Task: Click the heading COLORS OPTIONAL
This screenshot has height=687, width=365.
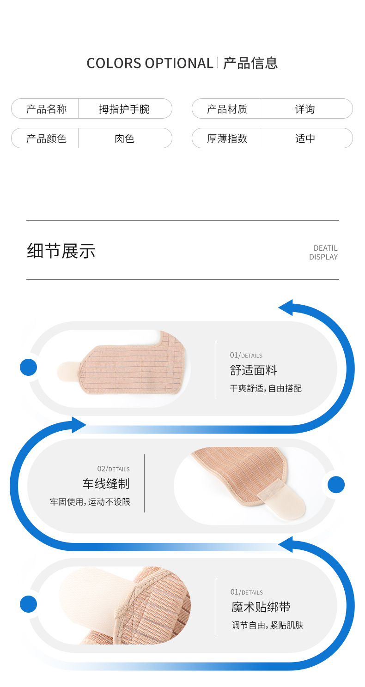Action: pyautogui.click(x=150, y=63)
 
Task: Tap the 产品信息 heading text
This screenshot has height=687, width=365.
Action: pyautogui.click(x=250, y=63)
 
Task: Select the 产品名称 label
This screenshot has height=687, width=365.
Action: pyautogui.click(x=46, y=109)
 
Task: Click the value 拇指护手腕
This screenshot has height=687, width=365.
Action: pyautogui.click(x=124, y=109)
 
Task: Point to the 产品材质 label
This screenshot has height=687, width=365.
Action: pyautogui.click(x=227, y=109)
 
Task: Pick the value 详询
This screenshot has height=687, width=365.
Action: pyautogui.click(x=305, y=109)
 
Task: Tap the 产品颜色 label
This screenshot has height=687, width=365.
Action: pyautogui.click(x=46, y=138)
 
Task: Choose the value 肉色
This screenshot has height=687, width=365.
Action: pyautogui.click(x=124, y=138)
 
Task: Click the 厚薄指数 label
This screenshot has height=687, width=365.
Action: pyautogui.click(x=227, y=138)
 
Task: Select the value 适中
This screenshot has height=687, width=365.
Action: pyautogui.click(x=305, y=138)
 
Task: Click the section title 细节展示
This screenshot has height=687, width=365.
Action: pyautogui.click(x=61, y=251)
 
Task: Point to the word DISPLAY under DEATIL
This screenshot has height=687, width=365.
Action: pyautogui.click(x=323, y=257)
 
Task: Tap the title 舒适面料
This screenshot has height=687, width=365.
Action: pyautogui.click(x=253, y=370)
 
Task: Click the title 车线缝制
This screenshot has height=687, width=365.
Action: pyautogui.click(x=106, y=484)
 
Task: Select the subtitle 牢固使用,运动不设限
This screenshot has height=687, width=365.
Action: pyautogui.click(x=90, y=502)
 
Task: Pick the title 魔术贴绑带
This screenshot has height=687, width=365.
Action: pyautogui.click(x=261, y=607)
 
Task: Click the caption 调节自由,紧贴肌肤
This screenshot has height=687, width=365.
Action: pyautogui.click(x=268, y=626)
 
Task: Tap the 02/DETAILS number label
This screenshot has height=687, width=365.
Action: pyautogui.click(x=113, y=469)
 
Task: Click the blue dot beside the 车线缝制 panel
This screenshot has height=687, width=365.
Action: pyautogui.click(x=336, y=485)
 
